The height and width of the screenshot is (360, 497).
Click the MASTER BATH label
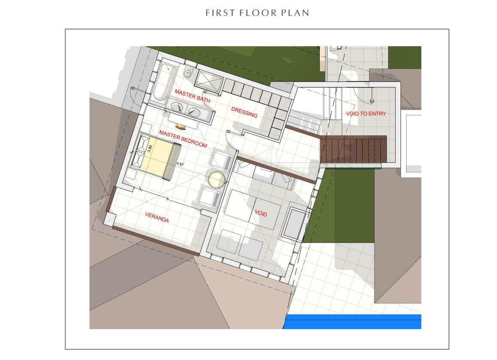tap(193, 96)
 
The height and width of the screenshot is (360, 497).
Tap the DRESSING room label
tap(244, 112)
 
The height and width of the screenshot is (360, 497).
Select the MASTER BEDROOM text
tap(183, 139)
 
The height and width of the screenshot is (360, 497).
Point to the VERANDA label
tap(157, 217)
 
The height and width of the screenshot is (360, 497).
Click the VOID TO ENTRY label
tap(366, 114)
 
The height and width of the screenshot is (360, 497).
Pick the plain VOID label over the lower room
tap(261, 213)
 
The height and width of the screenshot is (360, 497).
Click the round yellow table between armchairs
tap(217, 180)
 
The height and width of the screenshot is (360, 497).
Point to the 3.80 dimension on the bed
tap(150, 148)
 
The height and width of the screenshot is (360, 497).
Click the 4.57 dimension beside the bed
tap(180, 164)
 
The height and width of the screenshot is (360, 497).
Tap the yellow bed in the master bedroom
tap(155, 157)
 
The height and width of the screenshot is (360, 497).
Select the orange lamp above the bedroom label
tap(181, 126)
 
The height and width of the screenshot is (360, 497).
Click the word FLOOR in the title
tap(257, 13)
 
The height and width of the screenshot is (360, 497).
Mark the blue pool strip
tap(352, 322)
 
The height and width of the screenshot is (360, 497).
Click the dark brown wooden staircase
tap(353, 148)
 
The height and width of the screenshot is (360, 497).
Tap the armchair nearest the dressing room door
tap(223, 159)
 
